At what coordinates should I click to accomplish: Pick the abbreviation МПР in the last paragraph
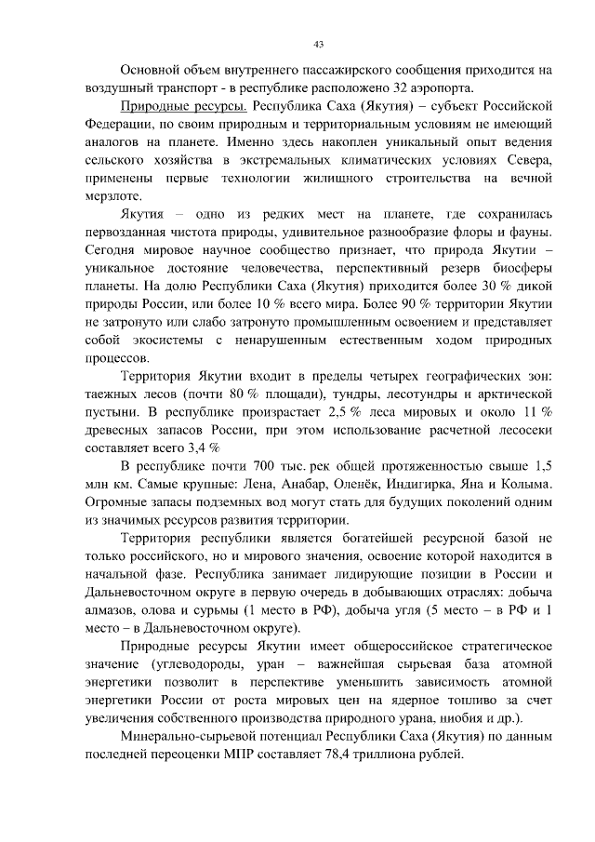pos(258,755)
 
